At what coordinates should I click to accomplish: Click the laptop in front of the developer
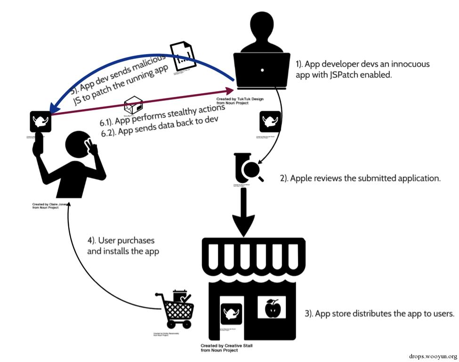[261, 71]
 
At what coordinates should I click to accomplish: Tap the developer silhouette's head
[261, 24]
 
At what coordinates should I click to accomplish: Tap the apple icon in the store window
[272, 308]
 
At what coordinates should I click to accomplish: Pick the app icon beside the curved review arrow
[270, 122]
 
